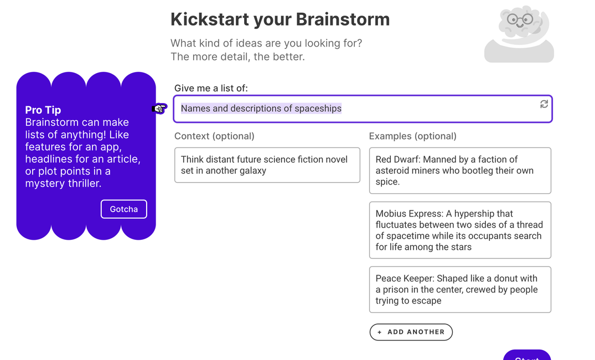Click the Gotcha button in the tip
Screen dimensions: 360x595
[123, 209]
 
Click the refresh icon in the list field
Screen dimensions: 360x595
[544, 104]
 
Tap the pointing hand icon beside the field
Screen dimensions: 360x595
[159, 109]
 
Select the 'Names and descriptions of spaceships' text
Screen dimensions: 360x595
[261, 109]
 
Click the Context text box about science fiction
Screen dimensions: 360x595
[267, 165]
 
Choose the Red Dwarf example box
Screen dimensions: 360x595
[460, 171]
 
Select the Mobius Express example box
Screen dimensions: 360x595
[460, 230]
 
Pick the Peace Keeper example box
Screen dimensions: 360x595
[460, 289]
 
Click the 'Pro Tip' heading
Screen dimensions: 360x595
[43, 110]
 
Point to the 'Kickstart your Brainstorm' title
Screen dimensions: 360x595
[280, 19]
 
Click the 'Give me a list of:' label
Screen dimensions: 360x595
[211, 88]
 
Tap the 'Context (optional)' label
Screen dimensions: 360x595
[214, 136]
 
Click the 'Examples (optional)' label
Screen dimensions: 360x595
[412, 136]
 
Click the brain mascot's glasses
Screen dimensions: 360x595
[520, 20]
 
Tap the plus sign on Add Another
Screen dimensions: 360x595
[380, 332]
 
